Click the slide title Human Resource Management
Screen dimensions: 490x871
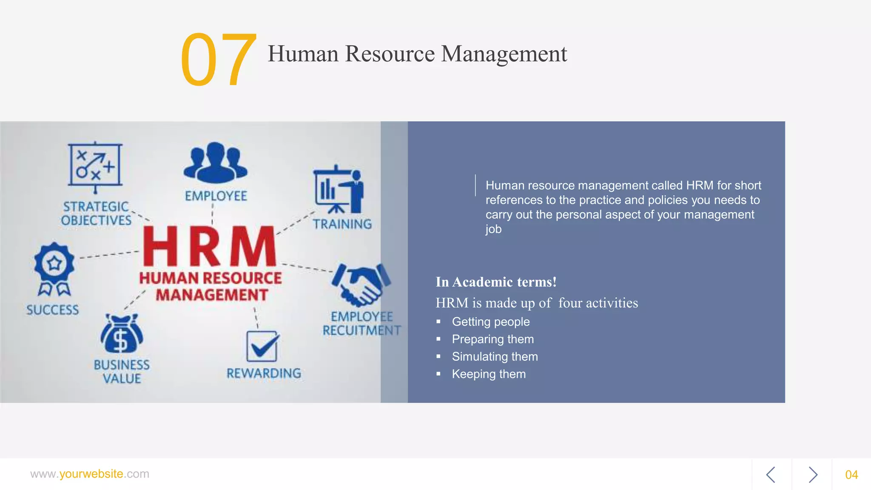(417, 54)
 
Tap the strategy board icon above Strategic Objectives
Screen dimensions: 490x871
(95, 166)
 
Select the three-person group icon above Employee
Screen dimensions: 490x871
(215, 162)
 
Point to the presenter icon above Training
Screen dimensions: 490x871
(339, 190)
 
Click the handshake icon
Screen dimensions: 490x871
(361, 284)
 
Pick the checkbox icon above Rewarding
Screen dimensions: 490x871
(262, 346)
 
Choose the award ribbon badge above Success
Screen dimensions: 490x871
(54, 268)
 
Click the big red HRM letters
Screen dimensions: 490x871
(209, 247)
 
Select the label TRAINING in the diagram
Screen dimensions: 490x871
(342, 224)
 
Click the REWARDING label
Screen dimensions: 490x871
(264, 373)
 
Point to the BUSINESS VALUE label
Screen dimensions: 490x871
(122, 371)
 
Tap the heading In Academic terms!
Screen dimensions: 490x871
(496, 282)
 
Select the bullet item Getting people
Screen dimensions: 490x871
(490, 322)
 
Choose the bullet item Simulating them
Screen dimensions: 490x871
(495, 356)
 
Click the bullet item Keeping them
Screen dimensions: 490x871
(489, 374)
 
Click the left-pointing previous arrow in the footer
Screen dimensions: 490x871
(771, 475)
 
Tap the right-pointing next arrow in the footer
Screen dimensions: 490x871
(813, 475)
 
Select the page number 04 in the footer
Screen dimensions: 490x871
(851, 475)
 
